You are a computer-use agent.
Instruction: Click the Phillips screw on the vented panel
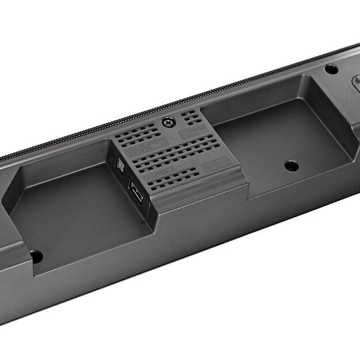(x=168, y=122)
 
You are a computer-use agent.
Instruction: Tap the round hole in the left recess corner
(x=36, y=256)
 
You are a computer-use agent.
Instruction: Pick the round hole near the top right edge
(x=331, y=69)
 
